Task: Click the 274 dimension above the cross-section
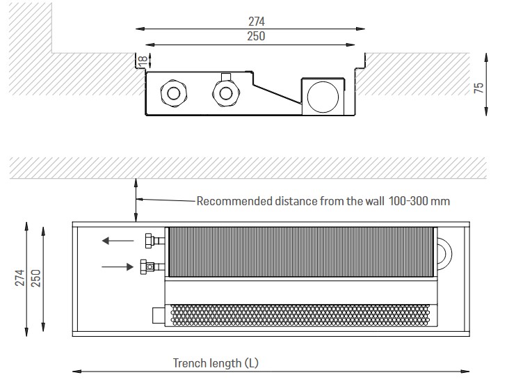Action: coord(256,22)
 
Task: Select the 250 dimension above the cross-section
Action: coord(256,36)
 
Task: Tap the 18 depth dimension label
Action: coord(143,61)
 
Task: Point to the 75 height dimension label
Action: coord(478,88)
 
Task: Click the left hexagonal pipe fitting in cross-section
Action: coord(174,93)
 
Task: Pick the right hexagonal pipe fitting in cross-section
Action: coord(226,93)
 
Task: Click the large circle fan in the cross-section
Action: coord(323,97)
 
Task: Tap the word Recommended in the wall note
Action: coord(234,201)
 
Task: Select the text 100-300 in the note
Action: coord(408,201)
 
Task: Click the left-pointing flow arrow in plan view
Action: coord(118,241)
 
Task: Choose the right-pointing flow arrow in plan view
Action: coord(118,267)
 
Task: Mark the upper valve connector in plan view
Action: coord(154,241)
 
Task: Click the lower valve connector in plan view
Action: coord(152,266)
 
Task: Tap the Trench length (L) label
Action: coord(216,363)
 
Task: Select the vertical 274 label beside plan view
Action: coord(20,278)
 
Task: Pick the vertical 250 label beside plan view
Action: coord(35,278)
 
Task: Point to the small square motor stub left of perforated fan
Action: coord(159,315)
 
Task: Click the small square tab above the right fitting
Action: coord(226,77)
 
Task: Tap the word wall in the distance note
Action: coord(375,201)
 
